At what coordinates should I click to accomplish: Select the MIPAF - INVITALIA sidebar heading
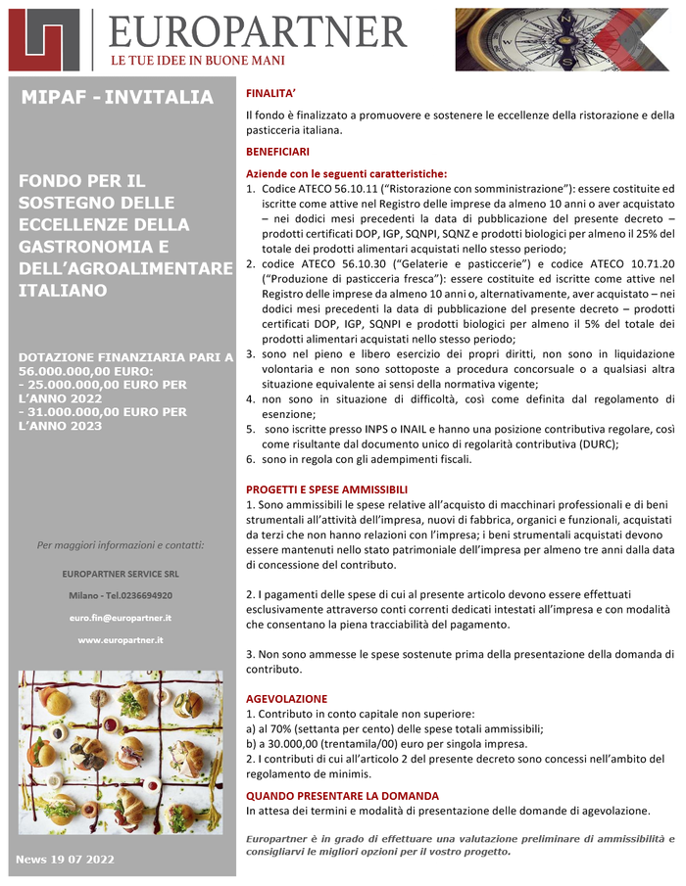point(116,97)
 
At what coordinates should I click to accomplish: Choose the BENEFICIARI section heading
point(277,152)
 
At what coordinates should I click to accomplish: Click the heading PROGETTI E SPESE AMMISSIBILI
point(325,490)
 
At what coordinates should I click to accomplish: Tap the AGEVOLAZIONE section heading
point(286,699)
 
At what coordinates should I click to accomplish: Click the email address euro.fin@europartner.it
point(121,618)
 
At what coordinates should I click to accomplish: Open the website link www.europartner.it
point(121,639)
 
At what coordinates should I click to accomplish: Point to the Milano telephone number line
point(121,595)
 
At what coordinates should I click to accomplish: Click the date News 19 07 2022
point(66,859)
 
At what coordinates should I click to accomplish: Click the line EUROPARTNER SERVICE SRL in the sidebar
point(121,574)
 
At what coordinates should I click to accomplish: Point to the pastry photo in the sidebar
point(121,752)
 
